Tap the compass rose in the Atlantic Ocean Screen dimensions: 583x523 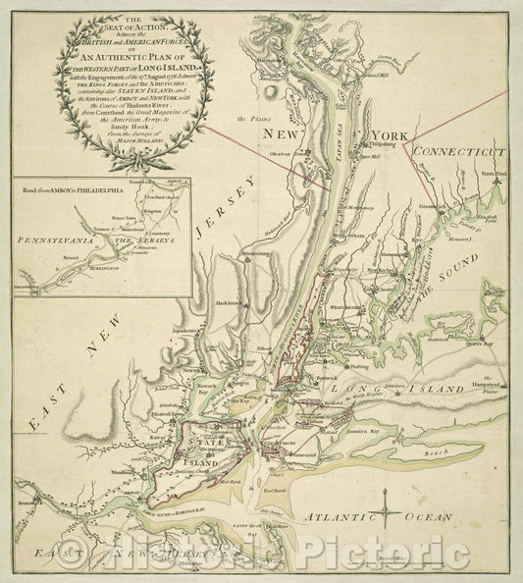(x=390, y=511)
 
